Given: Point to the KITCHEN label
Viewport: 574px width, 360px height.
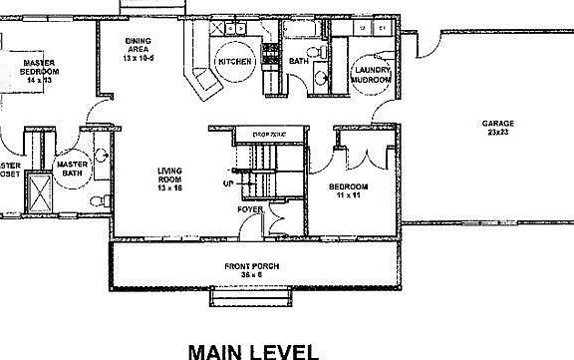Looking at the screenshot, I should tap(234, 61).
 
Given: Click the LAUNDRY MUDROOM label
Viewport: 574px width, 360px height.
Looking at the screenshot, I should tap(370, 73).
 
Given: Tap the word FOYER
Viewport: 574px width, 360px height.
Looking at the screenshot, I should tap(249, 209).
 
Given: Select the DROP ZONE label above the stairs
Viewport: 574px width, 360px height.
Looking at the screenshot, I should tap(268, 133).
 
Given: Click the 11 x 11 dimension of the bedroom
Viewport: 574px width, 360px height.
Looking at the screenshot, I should tap(350, 196).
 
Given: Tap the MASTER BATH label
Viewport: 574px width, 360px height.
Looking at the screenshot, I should tap(73, 169).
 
